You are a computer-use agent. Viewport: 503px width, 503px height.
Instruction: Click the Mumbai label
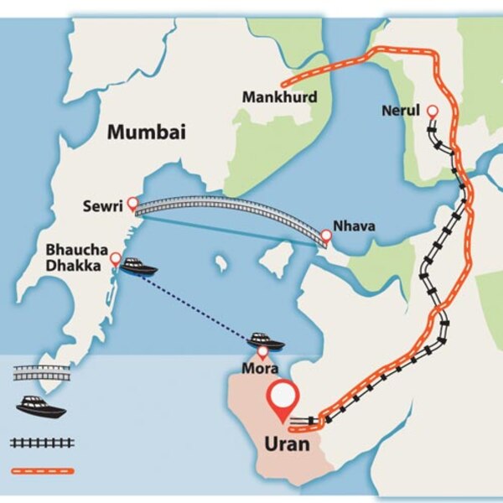[x=146, y=132]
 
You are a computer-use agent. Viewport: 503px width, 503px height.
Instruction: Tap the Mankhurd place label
[x=279, y=97]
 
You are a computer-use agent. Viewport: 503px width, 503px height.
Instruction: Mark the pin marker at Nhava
[x=326, y=237]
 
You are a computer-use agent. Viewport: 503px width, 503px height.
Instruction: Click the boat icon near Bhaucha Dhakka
[x=138, y=267]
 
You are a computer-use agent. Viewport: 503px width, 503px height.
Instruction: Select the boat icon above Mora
[x=266, y=340]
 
